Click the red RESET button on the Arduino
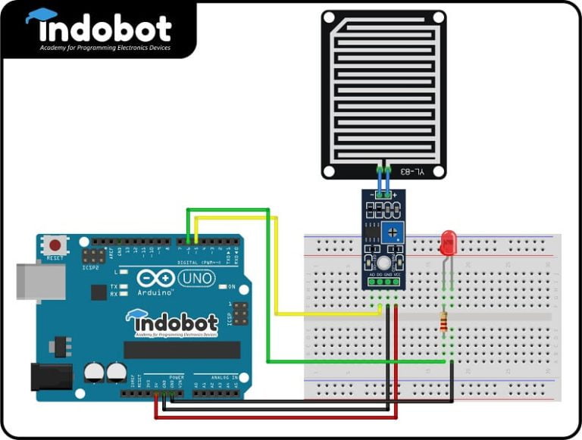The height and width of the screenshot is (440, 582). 55,246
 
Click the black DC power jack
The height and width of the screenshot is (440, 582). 49,376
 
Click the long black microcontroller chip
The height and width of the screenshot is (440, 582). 182,349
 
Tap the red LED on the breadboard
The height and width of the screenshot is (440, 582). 447,244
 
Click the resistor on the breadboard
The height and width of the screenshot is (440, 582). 443,324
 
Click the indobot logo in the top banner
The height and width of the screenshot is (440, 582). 99,29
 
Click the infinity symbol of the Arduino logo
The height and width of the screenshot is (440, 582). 150,279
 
